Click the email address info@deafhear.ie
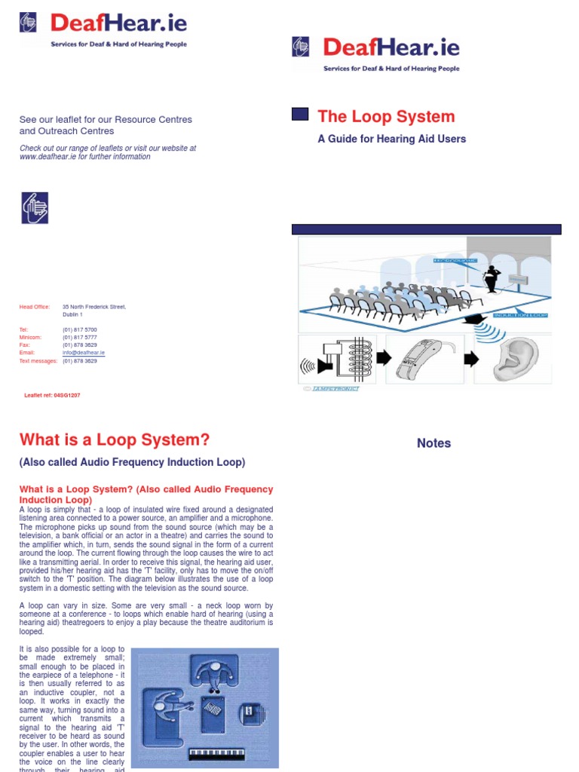tap(83, 353)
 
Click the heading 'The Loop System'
tap(386, 116)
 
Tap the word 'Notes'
tap(434, 443)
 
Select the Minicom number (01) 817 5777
tap(79, 338)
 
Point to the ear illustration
tap(516, 360)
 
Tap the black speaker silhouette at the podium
tap(493, 277)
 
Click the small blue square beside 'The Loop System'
tap(300, 115)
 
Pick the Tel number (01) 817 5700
tap(79, 330)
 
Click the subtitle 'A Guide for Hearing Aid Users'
tap(391, 139)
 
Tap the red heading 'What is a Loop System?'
tap(114, 440)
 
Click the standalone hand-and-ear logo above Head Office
tap(35, 207)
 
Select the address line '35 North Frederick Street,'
tap(93, 307)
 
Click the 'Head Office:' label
tap(34, 307)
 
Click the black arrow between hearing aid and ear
tap(471, 360)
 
